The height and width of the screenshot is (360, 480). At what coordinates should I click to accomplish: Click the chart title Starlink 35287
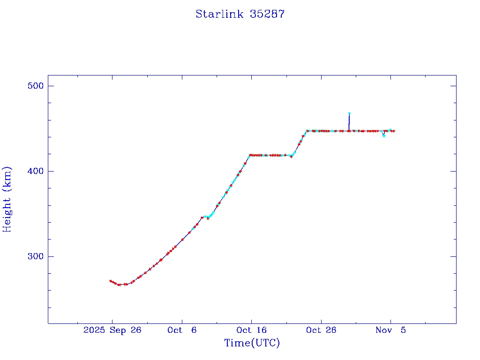tap(240, 14)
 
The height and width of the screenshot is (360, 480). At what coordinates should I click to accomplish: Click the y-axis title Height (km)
tap(7, 199)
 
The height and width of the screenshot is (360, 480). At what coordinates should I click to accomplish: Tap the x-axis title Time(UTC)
tap(252, 343)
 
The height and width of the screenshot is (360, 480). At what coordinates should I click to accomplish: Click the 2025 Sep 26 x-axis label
tap(112, 330)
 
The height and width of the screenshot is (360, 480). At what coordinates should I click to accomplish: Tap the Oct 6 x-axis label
tap(182, 330)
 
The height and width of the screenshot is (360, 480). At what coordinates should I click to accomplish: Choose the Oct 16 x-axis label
tap(251, 330)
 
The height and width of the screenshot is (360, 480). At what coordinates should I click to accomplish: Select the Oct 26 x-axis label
tap(321, 330)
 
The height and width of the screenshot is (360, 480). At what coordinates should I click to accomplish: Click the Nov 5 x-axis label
tap(390, 330)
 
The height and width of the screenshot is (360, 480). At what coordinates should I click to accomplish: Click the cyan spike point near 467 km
tap(349, 113)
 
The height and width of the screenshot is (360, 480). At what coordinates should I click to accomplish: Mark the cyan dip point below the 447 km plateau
tap(384, 136)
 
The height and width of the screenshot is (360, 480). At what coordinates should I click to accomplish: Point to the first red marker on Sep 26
tap(110, 281)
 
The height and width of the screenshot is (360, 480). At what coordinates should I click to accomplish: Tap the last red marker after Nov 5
tap(394, 131)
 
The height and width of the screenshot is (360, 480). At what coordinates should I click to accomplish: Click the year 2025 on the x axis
tap(94, 330)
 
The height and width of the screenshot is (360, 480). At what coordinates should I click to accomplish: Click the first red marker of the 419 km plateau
tap(250, 155)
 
